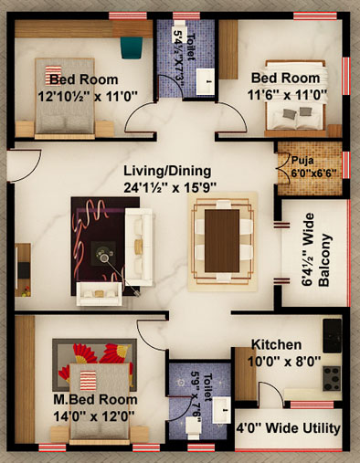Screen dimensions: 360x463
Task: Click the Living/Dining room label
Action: [167, 171]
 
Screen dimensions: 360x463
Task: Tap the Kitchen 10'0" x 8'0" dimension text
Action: [284, 362]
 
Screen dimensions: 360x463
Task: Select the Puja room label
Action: [302, 160]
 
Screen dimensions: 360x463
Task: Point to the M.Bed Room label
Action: [95, 400]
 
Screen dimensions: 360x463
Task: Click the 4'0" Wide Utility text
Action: [288, 428]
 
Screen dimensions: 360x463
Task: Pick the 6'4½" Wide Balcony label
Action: [316, 250]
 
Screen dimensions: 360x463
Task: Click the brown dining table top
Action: [222, 240]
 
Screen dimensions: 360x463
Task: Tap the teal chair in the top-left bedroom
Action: [132, 47]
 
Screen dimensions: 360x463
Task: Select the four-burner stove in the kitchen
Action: [332, 378]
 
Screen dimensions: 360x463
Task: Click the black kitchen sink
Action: [332, 336]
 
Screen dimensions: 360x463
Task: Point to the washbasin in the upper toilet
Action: [205, 81]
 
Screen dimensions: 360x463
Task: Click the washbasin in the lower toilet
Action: [221, 410]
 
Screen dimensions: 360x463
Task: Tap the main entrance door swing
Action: [30, 167]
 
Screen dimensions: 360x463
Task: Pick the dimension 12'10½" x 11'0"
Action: [88, 97]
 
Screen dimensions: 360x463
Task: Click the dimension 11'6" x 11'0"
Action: [287, 95]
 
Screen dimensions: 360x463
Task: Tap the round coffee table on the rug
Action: [104, 253]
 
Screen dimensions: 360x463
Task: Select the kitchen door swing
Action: [271, 394]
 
